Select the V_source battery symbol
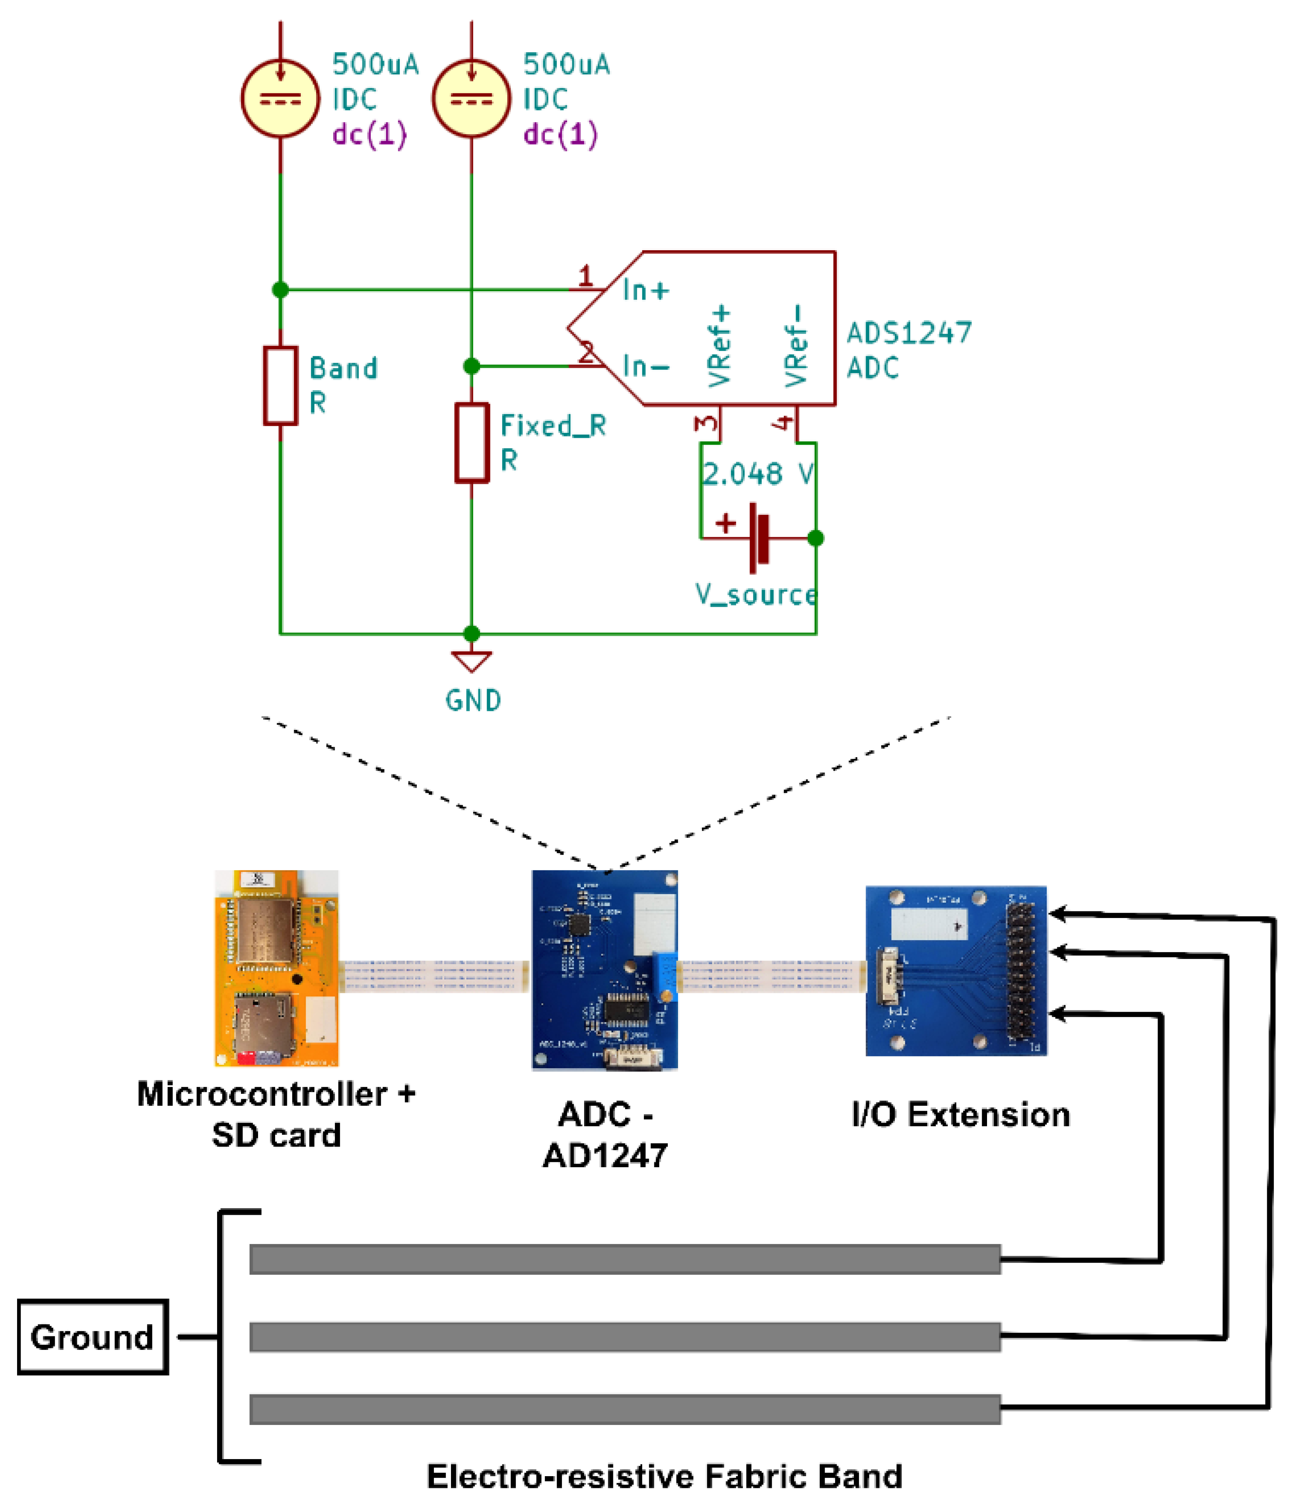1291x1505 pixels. coord(758,538)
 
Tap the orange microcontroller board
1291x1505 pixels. coord(276,967)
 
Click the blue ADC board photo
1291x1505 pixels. coord(604,970)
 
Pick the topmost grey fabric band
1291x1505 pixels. coord(625,1259)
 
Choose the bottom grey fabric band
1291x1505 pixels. coord(625,1409)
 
